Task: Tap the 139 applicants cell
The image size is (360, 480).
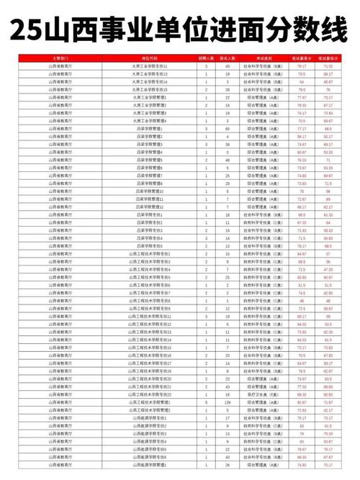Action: [228, 402]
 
